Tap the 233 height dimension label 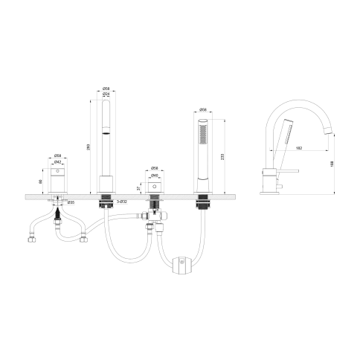click(x=222, y=157)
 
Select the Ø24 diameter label click(x=106, y=95)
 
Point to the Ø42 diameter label click(x=57, y=161)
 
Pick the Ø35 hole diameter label click(x=71, y=203)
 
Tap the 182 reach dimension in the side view click(x=298, y=149)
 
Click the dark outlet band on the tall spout click(x=106, y=134)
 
